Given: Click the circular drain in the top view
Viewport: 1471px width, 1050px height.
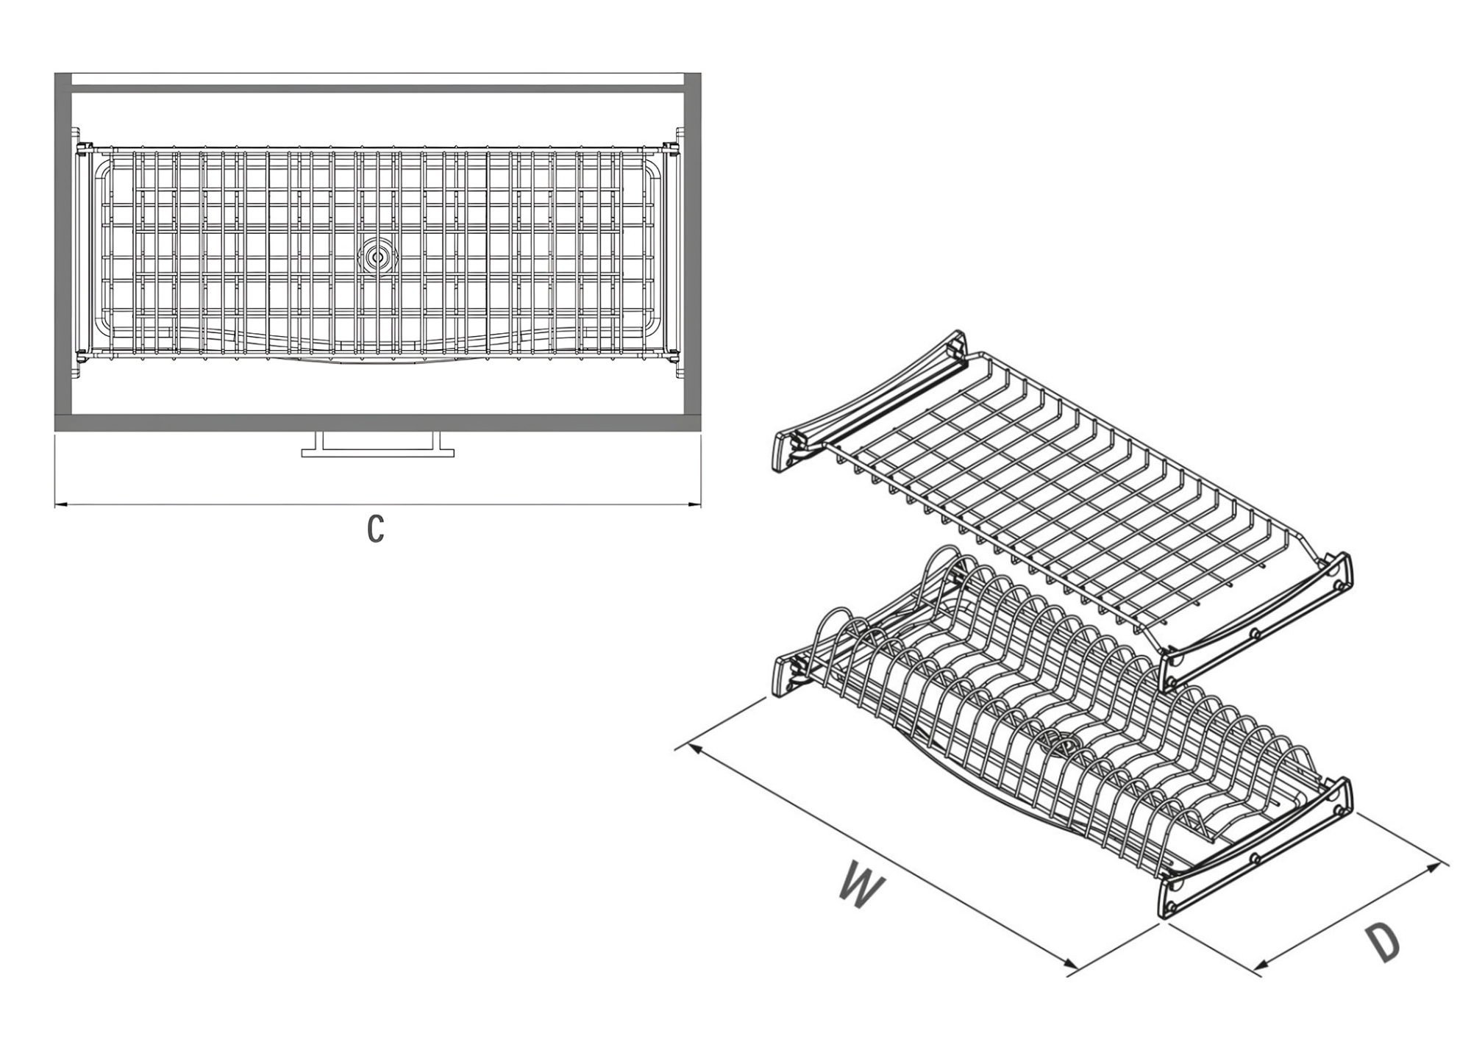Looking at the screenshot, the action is pyautogui.click(x=377, y=257).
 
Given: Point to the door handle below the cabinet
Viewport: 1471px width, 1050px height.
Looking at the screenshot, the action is pyautogui.click(x=377, y=445).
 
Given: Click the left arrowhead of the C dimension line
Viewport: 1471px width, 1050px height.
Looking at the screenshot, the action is pyautogui.click(x=62, y=504).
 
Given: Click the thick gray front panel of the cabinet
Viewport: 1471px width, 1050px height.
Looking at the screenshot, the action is pyautogui.click(x=377, y=423).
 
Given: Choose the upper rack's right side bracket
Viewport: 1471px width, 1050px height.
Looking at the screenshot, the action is pyautogui.click(x=1255, y=624).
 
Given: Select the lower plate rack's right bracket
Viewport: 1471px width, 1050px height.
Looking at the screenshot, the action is pyautogui.click(x=1255, y=848).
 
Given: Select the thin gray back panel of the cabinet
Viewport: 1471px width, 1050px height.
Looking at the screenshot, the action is pyautogui.click(x=377, y=88).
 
